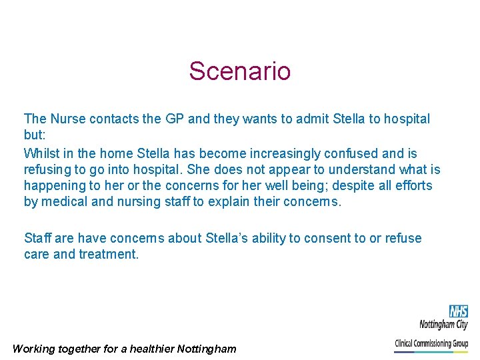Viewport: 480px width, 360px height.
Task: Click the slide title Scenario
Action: click(239, 71)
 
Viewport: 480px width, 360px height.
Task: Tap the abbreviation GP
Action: click(174, 119)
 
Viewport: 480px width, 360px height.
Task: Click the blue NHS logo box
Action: click(458, 311)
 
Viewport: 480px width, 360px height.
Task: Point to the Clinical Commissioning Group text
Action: click(431, 343)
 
